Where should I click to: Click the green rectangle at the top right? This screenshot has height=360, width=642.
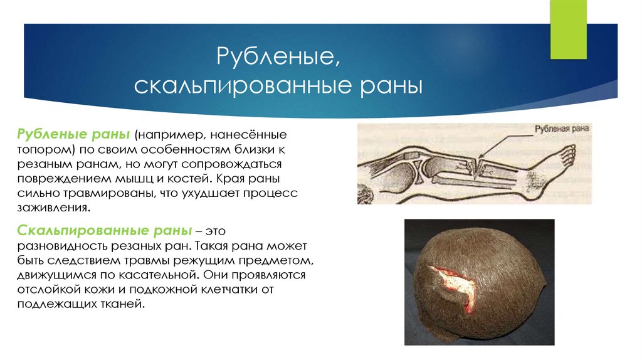[x=569, y=29]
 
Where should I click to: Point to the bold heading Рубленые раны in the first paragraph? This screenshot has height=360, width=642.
[x=73, y=135]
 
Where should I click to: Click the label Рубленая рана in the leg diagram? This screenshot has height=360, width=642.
[x=562, y=129]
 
